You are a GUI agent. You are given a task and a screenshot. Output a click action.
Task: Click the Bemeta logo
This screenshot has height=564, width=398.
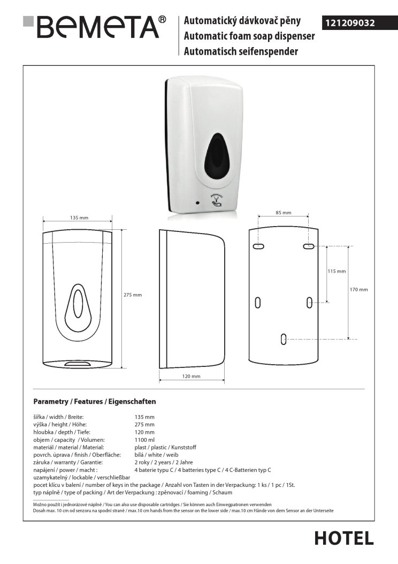94,27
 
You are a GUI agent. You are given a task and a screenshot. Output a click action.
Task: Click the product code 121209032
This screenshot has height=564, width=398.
350,23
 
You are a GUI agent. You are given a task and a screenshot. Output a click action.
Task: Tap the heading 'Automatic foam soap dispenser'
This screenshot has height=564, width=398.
249,36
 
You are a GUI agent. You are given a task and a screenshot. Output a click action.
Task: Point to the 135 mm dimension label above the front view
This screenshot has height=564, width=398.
79,217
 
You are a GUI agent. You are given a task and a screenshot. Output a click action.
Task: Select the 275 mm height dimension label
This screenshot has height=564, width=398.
133,295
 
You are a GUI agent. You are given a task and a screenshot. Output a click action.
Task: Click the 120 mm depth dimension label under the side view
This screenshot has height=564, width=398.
191,376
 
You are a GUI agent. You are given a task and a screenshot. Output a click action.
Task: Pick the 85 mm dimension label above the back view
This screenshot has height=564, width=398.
284,213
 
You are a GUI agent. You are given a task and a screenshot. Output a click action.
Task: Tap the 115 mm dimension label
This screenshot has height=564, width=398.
336,271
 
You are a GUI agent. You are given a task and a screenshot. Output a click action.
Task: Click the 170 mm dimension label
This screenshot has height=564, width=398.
359,289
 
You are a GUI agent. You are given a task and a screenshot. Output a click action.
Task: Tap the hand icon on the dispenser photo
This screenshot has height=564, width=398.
216,204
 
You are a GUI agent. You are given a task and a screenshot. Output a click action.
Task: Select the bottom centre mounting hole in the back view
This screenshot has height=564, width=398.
284,339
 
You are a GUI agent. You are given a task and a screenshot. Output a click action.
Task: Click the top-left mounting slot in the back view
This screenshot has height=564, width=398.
258,246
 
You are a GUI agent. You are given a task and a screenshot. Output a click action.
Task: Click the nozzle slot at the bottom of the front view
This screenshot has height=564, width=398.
78,364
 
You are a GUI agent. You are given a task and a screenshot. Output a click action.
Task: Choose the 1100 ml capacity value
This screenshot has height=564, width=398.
145,440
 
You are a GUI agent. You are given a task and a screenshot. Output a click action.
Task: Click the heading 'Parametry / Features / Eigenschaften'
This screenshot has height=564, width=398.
95,401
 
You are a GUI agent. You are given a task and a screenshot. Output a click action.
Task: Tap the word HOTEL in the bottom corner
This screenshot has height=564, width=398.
344,538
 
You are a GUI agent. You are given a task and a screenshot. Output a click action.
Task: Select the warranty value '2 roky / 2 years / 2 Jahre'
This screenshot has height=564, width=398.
164,462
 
